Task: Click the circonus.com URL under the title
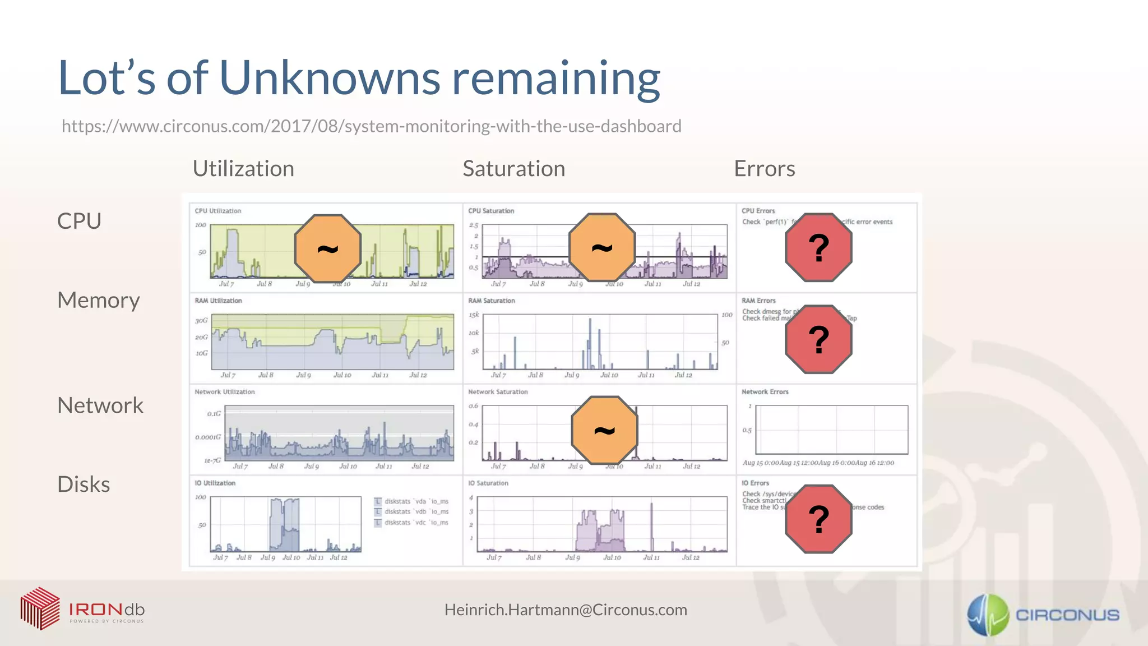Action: [371, 126]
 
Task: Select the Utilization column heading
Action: [243, 169]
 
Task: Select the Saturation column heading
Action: [513, 169]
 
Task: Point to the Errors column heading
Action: [764, 169]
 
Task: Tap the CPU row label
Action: [79, 221]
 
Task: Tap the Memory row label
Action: [99, 301]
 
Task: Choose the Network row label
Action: [100, 405]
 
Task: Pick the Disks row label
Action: [84, 484]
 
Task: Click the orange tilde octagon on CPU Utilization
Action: [328, 248]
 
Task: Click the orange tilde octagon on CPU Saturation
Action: [602, 247]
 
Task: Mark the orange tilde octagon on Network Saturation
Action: [604, 430]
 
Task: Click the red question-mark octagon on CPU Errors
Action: [818, 247]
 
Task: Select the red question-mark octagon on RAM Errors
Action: [818, 339]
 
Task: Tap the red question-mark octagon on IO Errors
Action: [818, 519]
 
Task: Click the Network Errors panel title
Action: [765, 392]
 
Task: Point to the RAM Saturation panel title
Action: [491, 301]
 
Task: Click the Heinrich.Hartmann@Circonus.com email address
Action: [566, 610]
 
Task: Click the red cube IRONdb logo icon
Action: [40, 608]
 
